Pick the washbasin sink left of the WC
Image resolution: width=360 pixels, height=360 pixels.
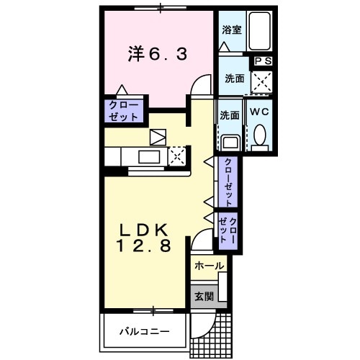tap(230, 142)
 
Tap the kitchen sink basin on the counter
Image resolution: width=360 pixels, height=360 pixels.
tap(150, 158)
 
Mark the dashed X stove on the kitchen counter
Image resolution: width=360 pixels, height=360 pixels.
tap(177, 156)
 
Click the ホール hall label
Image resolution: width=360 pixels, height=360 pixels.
tap(208, 266)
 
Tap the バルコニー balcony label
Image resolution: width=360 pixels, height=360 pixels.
tap(144, 332)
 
